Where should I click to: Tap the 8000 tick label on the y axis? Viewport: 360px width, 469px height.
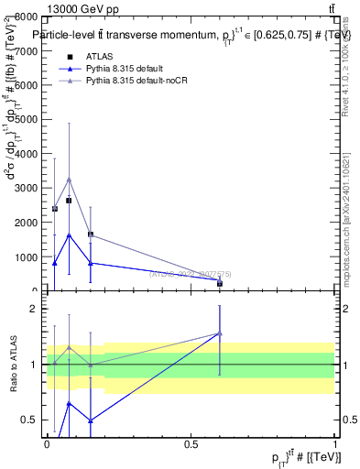pyautogui.click(x=27, y=16)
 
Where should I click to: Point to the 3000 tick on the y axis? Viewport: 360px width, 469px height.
pyautogui.click(x=27, y=188)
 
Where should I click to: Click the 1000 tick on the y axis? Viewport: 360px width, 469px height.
pyautogui.click(x=27, y=256)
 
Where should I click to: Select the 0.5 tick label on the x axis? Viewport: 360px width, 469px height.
pyautogui.click(x=191, y=443)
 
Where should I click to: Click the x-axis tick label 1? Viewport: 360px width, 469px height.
pyautogui.click(x=335, y=443)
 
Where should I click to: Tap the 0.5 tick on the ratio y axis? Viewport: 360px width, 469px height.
pyautogui.click(x=29, y=420)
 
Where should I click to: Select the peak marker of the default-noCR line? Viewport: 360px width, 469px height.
pyautogui.click(x=69, y=180)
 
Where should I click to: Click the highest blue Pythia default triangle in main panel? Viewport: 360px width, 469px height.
pyautogui.click(x=69, y=234)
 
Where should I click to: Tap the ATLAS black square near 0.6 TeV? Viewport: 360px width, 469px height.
pyautogui.click(x=220, y=284)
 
